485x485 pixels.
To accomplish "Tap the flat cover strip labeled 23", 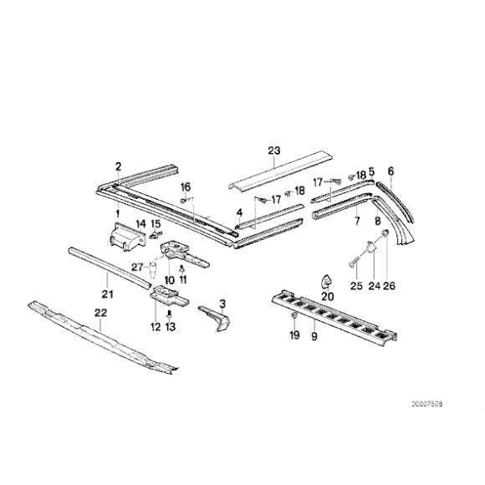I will point(280,173).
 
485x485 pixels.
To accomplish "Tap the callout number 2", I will point(119,166).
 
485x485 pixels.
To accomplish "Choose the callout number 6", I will point(390,171).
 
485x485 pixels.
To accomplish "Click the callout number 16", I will point(186,186).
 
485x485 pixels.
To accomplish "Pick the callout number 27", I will point(136,268).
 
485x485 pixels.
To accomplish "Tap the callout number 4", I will point(239,212).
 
